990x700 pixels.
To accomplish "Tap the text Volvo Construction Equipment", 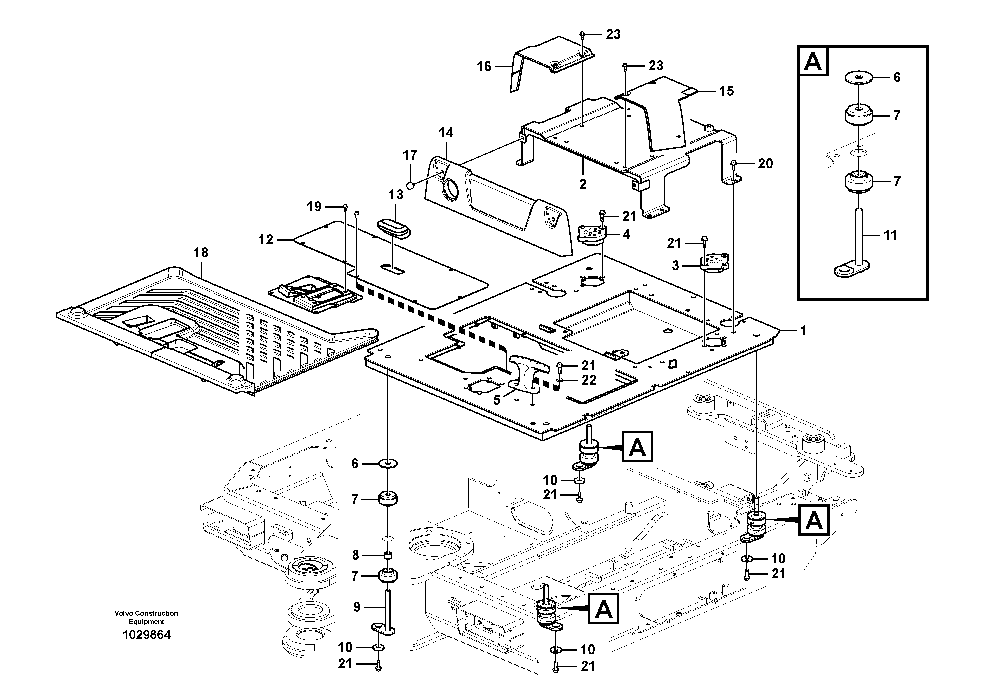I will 146,617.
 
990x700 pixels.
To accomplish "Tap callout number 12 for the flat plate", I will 266,240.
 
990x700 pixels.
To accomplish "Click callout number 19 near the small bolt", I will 314,207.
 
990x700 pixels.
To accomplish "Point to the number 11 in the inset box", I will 890,235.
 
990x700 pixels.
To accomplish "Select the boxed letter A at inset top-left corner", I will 813,61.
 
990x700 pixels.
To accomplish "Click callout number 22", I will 589,380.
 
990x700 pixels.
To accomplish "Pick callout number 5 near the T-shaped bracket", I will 497,400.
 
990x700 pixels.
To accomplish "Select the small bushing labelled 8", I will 388,555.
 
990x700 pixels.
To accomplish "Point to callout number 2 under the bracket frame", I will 583,184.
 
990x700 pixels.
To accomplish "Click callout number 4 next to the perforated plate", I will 626,234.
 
